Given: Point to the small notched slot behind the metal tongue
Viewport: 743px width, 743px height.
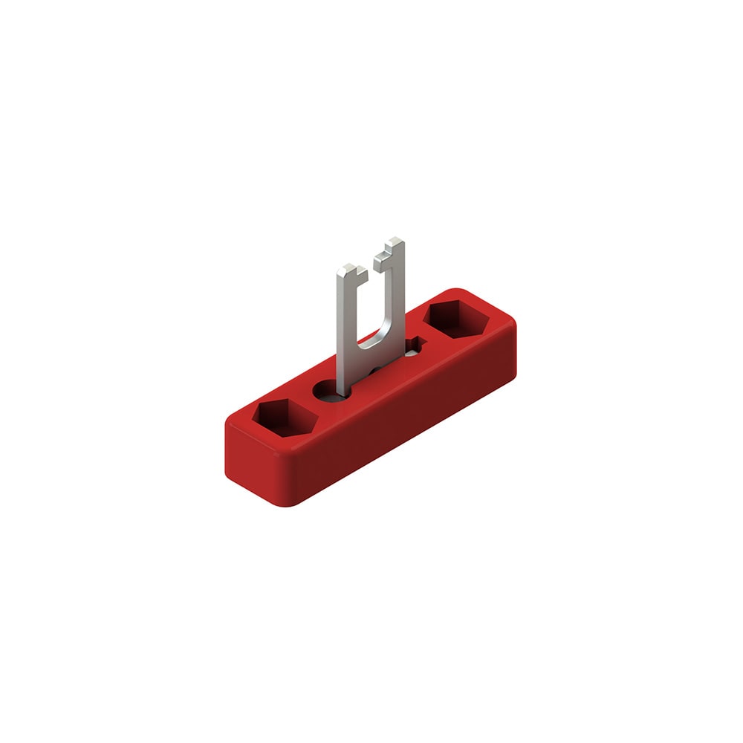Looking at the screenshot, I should (413, 344).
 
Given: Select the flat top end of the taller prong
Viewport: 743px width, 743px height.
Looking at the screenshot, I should (395, 241).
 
